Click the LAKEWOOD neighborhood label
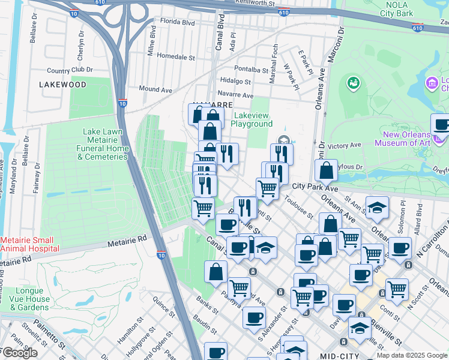pyautogui.click(x=63, y=85)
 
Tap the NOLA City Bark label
pyautogui.click(x=393, y=8)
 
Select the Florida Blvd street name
pyautogui.click(x=173, y=23)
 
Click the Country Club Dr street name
pyautogui.click(x=70, y=70)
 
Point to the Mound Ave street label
pyautogui.click(x=155, y=89)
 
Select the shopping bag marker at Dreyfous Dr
pyautogui.click(x=326, y=171)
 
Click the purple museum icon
pyautogui.click(x=431, y=82)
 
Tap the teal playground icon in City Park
pyautogui.click(x=353, y=82)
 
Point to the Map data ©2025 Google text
pyautogui.click(x=411, y=355)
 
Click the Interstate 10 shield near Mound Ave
pyautogui.click(x=122, y=103)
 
